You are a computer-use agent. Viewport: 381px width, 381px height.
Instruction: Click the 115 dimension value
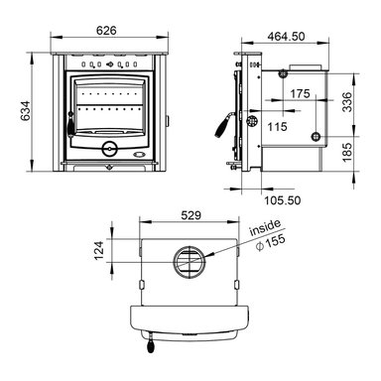[x=277, y=126]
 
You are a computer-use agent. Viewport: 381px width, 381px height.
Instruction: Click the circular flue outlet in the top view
[x=189, y=263]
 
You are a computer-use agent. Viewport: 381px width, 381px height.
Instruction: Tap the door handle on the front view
[x=69, y=122]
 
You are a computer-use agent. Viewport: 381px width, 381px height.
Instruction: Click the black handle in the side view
[x=223, y=128]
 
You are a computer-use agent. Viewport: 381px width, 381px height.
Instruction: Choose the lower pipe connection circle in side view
[x=316, y=138]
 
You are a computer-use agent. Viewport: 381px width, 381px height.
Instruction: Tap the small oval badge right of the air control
[x=140, y=153]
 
